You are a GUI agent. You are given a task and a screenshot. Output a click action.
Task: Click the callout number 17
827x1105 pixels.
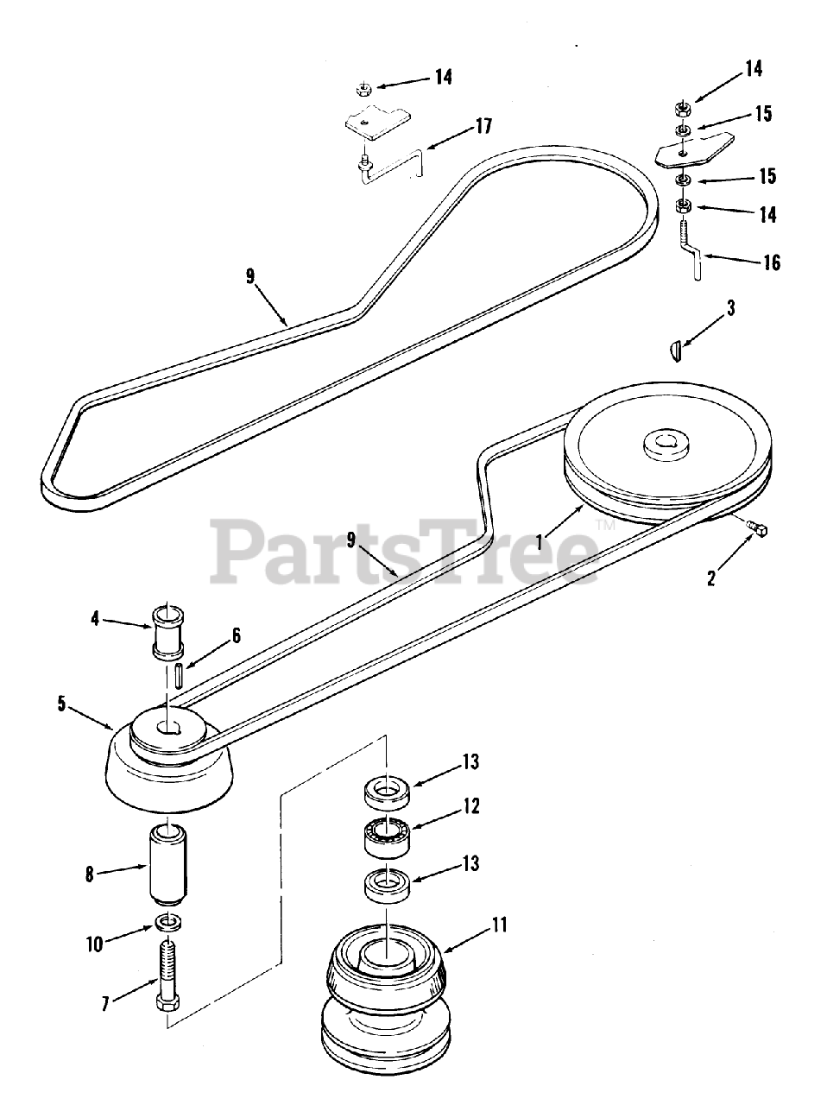[x=483, y=127]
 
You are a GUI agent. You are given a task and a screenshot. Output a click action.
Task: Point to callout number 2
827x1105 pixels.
[x=710, y=578]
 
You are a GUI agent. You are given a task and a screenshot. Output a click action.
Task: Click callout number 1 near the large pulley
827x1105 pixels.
[x=539, y=544]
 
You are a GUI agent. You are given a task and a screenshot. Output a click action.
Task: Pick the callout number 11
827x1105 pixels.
[x=499, y=925]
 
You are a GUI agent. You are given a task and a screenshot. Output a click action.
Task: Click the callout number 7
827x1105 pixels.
[x=105, y=1005]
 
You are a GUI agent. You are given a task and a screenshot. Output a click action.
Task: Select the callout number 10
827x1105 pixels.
[x=94, y=944]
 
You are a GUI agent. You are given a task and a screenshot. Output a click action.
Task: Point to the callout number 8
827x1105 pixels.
[x=89, y=874]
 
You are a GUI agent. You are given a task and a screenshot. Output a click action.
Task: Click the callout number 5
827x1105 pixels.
[x=61, y=704]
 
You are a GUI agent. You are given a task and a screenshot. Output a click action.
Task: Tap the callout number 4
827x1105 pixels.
[x=96, y=617]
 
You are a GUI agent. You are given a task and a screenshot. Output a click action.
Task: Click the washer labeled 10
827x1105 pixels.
[x=168, y=922]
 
